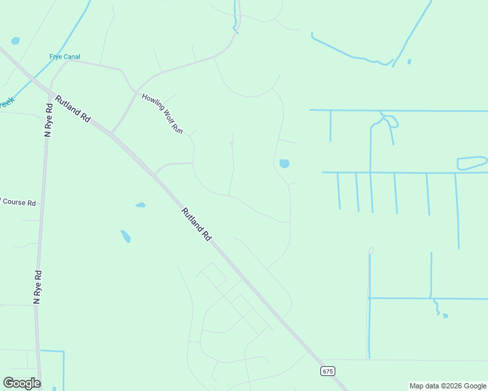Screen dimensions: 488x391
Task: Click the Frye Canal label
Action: pyautogui.click(x=65, y=57)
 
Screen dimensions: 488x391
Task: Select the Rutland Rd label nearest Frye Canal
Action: pyautogui.click(x=72, y=109)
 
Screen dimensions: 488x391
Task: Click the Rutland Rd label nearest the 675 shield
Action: pyautogui.click(x=196, y=224)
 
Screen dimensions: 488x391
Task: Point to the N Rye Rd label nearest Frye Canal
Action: pyautogui.click(x=48, y=120)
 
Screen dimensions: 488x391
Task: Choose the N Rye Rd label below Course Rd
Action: pyautogui.click(x=37, y=287)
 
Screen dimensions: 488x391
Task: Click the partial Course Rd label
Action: pyautogui.click(x=18, y=202)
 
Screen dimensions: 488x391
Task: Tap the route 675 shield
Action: pyautogui.click(x=328, y=371)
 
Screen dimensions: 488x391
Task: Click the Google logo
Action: pyautogui.click(x=22, y=383)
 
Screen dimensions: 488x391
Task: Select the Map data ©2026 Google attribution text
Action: pyautogui.click(x=448, y=386)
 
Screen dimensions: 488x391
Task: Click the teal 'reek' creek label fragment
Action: pyautogui.click(x=6, y=103)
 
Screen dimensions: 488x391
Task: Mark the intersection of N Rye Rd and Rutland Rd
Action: pyautogui.click(x=49, y=91)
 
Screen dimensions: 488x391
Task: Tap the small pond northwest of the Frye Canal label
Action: pyautogui.click(x=15, y=40)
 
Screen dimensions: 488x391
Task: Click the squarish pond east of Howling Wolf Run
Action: pyautogui.click(x=284, y=164)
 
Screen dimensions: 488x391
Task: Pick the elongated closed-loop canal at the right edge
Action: pyautogui.click(x=472, y=163)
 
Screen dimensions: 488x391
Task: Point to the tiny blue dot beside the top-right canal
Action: pyautogui.click(x=409, y=62)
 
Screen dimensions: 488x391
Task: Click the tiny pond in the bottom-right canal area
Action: pyautogui.click(x=445, y=315)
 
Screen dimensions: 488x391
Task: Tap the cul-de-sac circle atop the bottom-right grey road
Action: pyautogui.click(x=371, y=250)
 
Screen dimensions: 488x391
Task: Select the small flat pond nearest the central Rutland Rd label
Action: pyautogui.click(x=140, y=205)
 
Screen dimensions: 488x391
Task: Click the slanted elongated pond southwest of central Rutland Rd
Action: pyautogui.click(x=125, y=236)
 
